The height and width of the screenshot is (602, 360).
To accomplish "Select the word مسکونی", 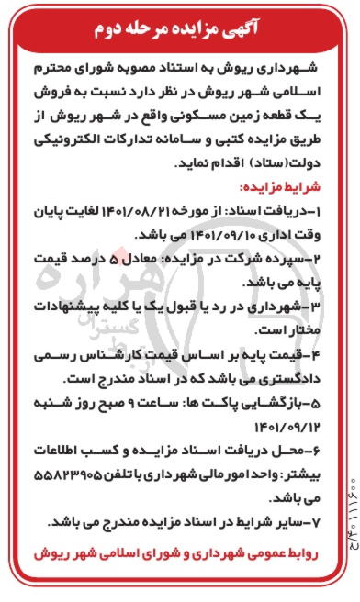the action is pos(198,118).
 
